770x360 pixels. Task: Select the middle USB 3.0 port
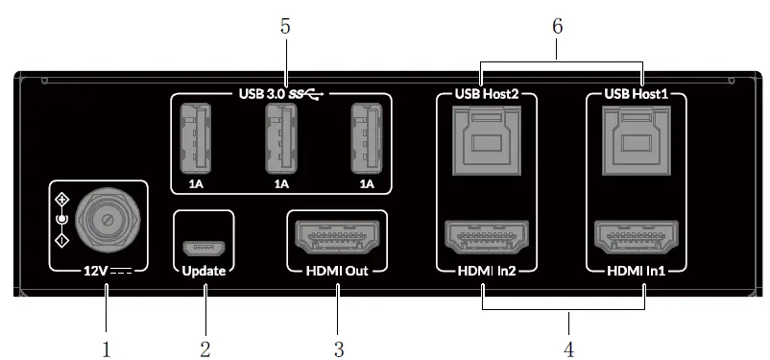[280, 136]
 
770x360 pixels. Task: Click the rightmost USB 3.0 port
[366, 136]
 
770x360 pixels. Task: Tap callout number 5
[285, 27]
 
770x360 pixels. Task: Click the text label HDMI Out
[337, 272]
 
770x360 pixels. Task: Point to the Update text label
[205, 272]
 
